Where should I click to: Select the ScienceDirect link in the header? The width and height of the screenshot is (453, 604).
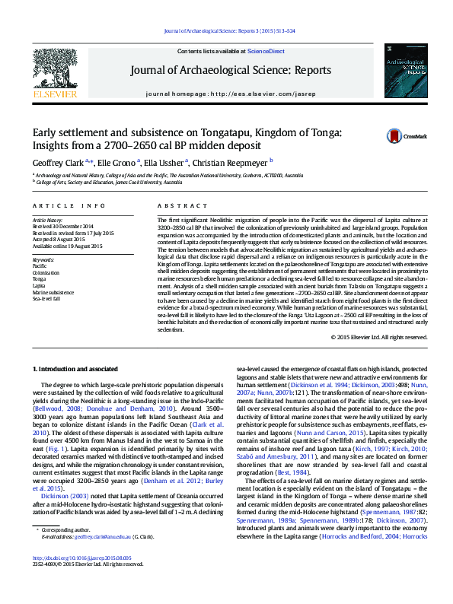[266, 51]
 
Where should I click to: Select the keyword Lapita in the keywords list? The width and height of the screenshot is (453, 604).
[40, 285]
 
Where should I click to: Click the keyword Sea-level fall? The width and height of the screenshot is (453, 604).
[47, 299]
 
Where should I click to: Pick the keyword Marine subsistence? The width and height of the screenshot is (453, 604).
[53, 292]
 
